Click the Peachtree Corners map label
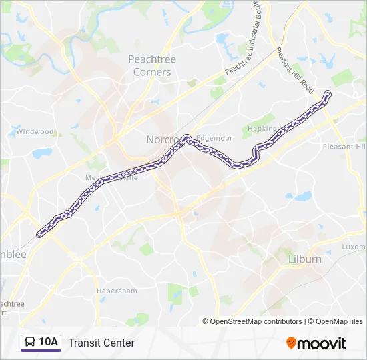click(x=152, y=65)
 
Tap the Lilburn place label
click(x=305, y=259)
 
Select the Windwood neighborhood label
click(x=35, y=131)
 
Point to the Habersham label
click(x=117, y=291)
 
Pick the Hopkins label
click(x=262, y=128)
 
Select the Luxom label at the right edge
click(x=354, y=246)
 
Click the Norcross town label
click(x=162, y=140)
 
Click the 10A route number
click(x=49, y=343)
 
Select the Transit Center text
click(x=101, y=343)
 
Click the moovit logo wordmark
click(x=322, y=343)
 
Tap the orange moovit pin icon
click(x=291, y=343)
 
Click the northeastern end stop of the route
click(x=328, y=93)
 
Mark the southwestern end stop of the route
click(x=39, y=234)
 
